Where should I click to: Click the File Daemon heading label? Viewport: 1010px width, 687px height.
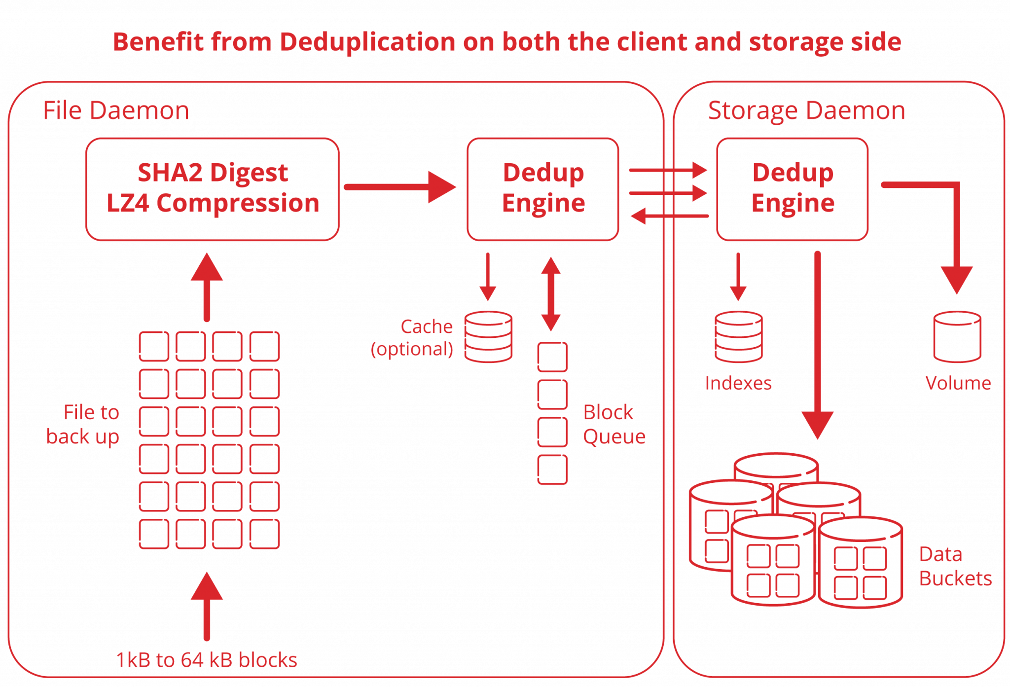click(x=116, y=110)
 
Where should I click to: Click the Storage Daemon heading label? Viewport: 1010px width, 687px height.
click(x=806, y=110)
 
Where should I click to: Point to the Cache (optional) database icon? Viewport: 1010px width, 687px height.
click(x=488, y=337)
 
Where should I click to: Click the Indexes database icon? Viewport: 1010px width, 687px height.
click(x=738, y=337)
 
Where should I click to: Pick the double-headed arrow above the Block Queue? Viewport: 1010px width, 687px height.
click(x=551, y=294)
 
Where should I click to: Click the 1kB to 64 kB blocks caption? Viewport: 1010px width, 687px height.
click(x=207, y=660)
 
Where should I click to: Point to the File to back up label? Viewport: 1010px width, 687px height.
click(x=84, y=425)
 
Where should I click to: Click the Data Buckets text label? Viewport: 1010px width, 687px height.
click(x=954, y=566)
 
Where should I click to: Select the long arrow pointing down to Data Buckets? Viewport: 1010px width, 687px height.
click(x=817, y=345)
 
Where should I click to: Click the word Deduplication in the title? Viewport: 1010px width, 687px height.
click(x=367, y=42)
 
